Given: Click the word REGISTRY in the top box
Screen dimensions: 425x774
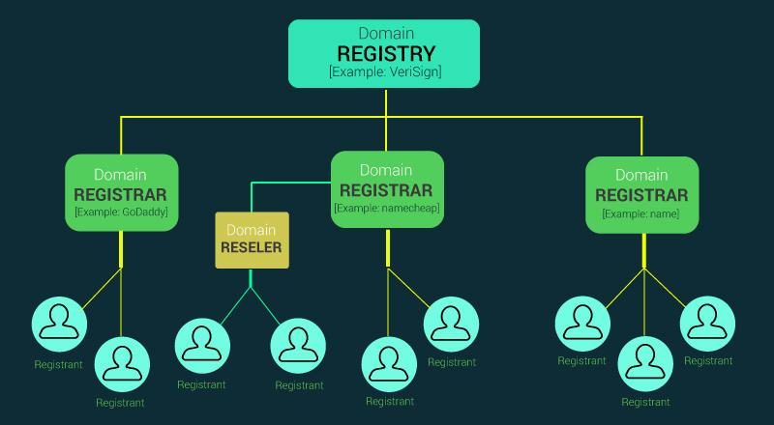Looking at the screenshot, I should pos(385,53).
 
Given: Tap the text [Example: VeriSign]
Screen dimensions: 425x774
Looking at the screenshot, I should pos(385,72).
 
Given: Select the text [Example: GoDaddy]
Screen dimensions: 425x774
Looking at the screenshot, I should pos(121,211).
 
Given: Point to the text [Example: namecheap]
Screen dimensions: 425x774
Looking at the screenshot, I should pos(387,207).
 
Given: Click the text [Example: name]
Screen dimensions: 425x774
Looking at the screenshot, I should pos(641,212).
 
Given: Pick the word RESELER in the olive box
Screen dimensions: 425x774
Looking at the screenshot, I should pos(251,248).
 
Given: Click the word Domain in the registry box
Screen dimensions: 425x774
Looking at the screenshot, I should pos(385,33).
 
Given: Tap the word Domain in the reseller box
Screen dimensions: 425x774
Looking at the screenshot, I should pos(251,230).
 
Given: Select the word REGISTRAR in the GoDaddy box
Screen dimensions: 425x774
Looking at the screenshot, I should pos(121,193).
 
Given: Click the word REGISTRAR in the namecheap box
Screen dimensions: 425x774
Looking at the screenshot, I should pos(387,189).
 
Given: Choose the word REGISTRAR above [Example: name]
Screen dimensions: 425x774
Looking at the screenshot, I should pos(641,194).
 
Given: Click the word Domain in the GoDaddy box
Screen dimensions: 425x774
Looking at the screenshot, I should pos(121,175).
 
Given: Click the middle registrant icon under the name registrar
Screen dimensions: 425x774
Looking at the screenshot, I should pos(645,362).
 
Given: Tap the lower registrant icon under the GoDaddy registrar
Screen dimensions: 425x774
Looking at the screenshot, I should pos(121,363).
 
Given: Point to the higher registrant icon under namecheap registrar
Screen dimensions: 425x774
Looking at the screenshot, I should pos(451,325).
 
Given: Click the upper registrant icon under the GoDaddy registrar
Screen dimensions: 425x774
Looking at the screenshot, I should pos(58,325).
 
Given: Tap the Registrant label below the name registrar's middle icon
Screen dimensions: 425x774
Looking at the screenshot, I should pos(645,402).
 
